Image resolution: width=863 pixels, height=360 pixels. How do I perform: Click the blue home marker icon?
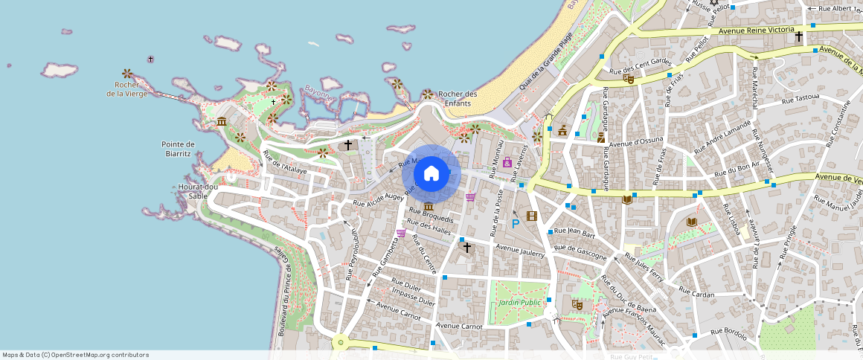tap(431, 174)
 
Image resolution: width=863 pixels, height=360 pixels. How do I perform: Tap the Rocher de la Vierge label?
tap(126, 89)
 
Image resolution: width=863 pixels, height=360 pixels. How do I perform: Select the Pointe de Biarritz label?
tap(178, 149)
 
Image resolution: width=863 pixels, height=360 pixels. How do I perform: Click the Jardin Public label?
tap(519, 303)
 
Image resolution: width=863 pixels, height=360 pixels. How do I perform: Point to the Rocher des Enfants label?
tap(458, 98)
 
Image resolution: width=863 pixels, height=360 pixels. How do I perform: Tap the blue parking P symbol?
tap(516, 223)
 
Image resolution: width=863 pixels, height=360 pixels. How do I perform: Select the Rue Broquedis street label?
tap(431, 219)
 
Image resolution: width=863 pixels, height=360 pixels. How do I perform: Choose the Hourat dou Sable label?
tap(198, 191)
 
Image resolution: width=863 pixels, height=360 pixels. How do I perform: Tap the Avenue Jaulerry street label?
tap(520, 251)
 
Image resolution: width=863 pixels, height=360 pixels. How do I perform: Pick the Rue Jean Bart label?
tap(575, 231)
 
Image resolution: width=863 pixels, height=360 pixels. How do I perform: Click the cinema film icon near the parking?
tap(531, 216)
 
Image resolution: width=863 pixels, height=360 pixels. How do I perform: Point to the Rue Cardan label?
tap(696, 294)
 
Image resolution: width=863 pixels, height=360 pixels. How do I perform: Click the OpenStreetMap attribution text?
tap(75, 355)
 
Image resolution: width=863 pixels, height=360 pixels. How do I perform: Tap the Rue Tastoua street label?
tap(800, 98)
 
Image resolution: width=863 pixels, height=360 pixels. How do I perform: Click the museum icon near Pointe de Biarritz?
tap(221, 121)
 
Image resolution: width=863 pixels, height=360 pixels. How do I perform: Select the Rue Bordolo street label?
tap(728, 334)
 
